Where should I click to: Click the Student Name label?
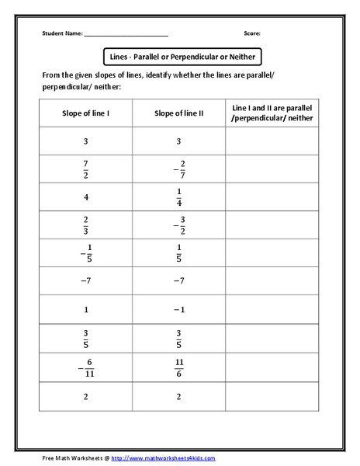(61, 34)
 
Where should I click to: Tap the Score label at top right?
(252, 34)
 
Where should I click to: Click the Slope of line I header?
(85, 113)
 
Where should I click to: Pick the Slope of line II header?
(178, 113)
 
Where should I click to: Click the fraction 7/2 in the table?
(85, 169)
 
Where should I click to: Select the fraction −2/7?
(178, 169)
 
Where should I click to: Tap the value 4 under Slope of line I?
(85, 196)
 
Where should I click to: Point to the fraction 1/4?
(178, 196)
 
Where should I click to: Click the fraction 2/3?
(85, 224)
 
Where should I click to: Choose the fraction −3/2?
(178, 224)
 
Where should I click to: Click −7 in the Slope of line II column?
(178, 280)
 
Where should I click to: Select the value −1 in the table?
(178, 308)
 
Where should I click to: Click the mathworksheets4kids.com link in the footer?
(163, 458)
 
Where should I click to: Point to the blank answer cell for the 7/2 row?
(272, 169)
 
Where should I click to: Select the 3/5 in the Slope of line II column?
(178, 336)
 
